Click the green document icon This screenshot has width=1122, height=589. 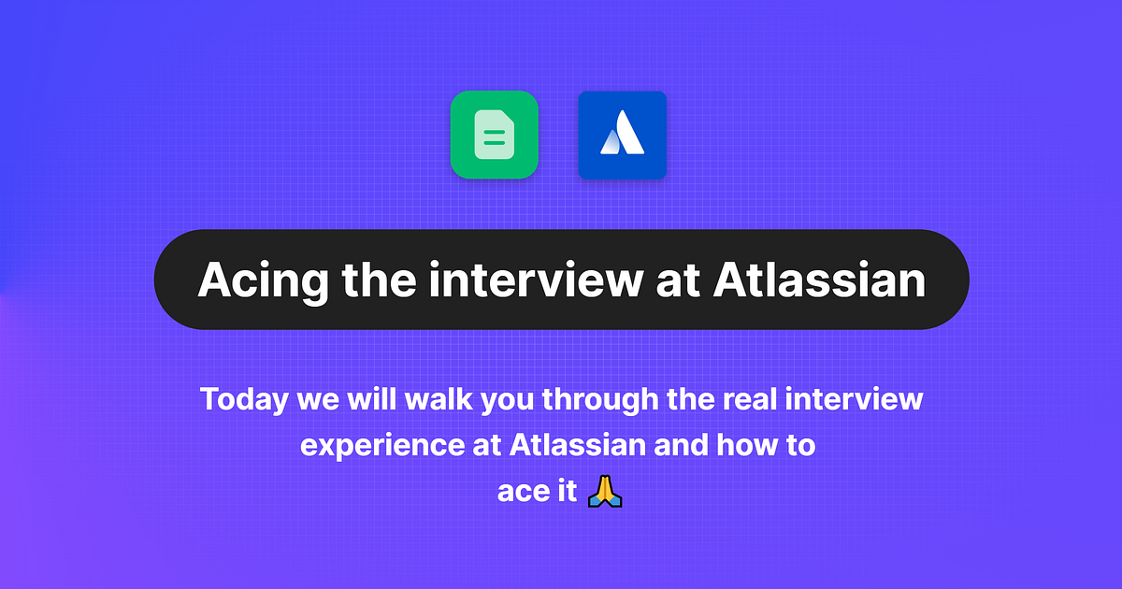click(494, 135)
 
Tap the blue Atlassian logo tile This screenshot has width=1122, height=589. click(622, 135)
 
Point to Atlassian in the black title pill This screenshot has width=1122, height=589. click(819, 280)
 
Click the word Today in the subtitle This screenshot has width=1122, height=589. click(245, 399)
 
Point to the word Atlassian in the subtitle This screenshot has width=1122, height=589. click(578, 445)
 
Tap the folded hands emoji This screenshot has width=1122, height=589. click(605, 491)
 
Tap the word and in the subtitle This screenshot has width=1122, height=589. click(680, 445)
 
